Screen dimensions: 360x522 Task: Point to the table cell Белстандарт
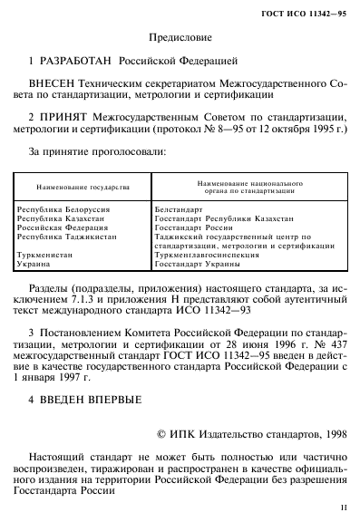click(x=180, y=210)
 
